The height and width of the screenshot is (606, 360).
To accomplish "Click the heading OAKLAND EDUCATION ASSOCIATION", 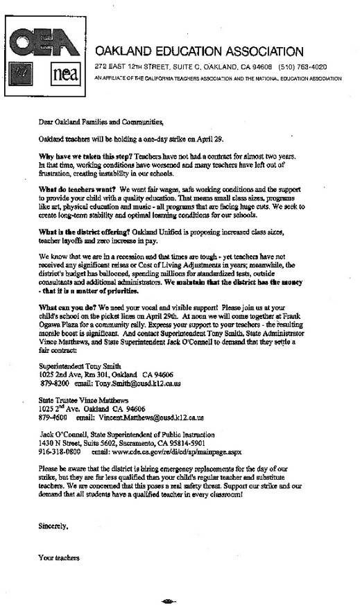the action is coord(199,51).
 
